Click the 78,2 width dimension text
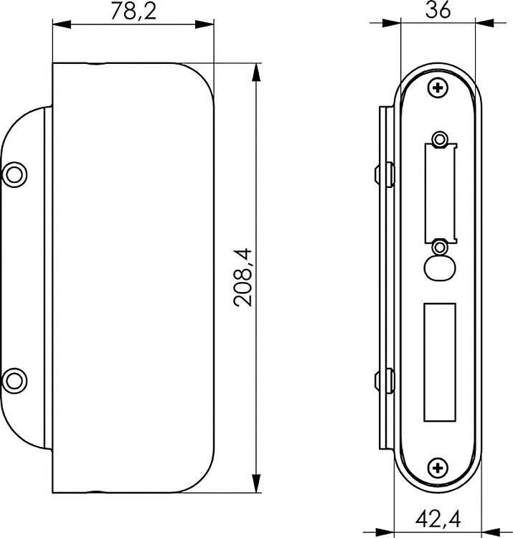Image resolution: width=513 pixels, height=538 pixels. tap(133, 12)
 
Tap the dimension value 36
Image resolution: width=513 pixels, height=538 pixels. tap(438, 11)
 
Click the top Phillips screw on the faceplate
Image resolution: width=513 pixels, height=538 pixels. tap(438, 88)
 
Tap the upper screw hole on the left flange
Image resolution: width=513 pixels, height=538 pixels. tap(15, 174)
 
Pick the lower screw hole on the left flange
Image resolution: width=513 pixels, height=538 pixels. tap(15, 377)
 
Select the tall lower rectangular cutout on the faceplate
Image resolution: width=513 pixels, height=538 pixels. tap(439, 362)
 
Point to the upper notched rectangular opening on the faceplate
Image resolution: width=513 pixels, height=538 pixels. tap(439, 190)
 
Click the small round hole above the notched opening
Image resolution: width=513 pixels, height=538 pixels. tap(439, 138)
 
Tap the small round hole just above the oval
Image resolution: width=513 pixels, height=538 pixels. tap(439, 247)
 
